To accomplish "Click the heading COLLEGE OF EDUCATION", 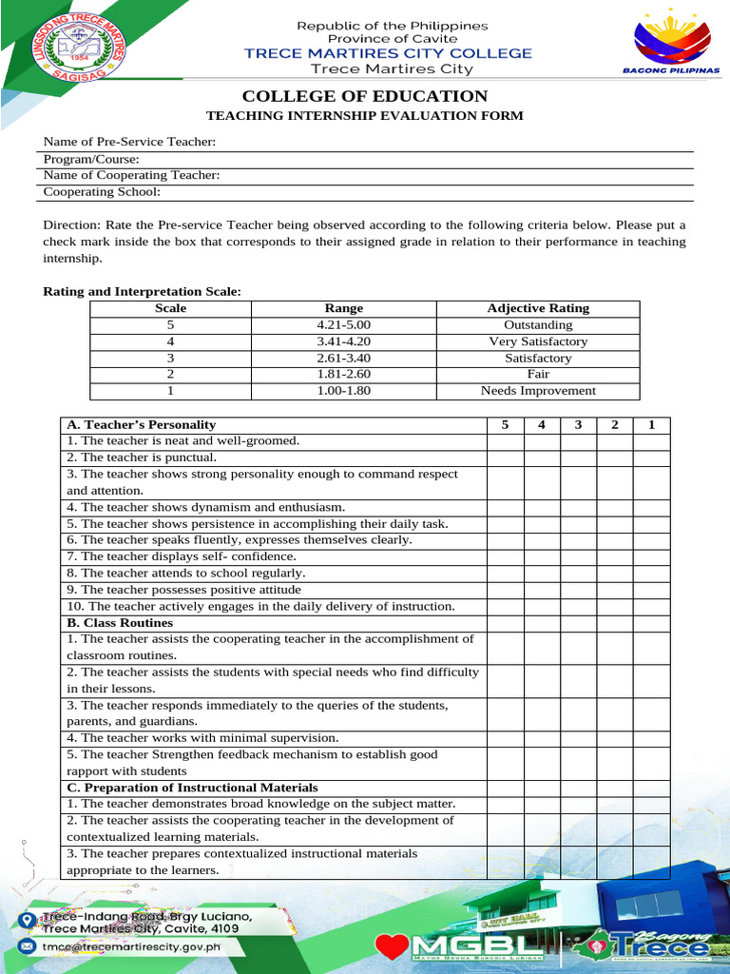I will (x=365, y=96).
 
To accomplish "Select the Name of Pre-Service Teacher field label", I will (x=129, y=142).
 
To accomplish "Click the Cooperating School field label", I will (x=102, y=191).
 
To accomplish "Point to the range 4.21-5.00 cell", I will (x=343, y=324).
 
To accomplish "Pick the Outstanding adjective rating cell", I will (x=538, y=324).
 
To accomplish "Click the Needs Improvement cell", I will (x=538, y=390).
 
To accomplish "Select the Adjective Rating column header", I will (x=538, y=308).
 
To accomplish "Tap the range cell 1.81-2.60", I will (x=343, y=374).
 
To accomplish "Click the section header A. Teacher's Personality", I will (x=141, y=424).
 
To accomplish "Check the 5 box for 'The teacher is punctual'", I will (x=505, y=458).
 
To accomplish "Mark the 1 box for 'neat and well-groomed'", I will (x=651, y=440).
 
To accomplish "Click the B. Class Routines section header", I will (x=120, y=622).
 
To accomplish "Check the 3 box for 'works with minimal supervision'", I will (x=578, y=737).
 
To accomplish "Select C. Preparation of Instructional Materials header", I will (x=192, y=788).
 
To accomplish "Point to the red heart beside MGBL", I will (x=392, y=945).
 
